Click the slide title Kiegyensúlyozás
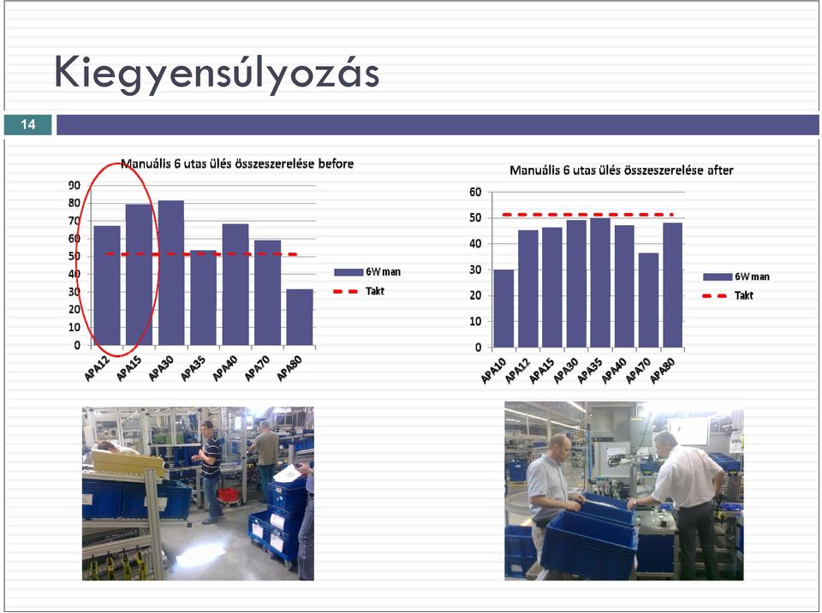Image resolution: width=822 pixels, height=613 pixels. (x=217, y=74)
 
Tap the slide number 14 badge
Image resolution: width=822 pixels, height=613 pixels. (x=27, y=124)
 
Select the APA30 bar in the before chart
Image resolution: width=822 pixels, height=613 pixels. (x=171, y=272)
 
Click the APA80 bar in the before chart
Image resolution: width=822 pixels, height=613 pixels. (x=300, y=317)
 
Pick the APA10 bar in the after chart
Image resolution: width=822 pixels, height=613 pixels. (x=503, y=308)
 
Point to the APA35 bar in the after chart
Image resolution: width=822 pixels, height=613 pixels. (x=600, y=283)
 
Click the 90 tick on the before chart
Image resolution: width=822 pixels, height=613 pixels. (x=74, y=185)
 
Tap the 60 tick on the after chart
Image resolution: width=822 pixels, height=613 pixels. (x=475, y=192)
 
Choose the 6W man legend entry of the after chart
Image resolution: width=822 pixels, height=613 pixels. (x=736, y=277)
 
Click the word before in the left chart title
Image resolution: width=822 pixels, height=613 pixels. (x=336, y=164)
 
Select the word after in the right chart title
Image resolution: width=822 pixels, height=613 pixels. (x=720, y=170)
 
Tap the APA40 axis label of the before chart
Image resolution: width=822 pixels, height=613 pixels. (x=225, y=368)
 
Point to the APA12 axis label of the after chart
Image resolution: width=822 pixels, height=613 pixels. (x=518, y=372)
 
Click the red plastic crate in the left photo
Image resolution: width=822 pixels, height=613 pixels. (x=228, y=495)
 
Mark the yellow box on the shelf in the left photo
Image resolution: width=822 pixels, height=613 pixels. (x=128, y=463)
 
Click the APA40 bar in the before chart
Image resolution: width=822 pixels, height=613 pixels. (x=235, y=284)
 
